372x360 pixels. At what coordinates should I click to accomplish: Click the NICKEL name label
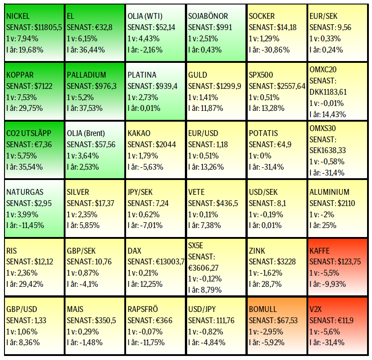coord(18,16)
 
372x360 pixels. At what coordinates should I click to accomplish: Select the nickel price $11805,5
coord(47,27)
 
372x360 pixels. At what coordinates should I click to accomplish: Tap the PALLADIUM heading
coord(87,75)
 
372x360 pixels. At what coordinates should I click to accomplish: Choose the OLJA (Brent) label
coord(86,133)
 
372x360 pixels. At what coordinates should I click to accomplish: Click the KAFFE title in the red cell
coord(319,250)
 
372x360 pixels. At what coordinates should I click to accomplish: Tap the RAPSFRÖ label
coord(143,309)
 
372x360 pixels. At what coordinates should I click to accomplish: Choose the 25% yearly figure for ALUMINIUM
coord(330,225)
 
